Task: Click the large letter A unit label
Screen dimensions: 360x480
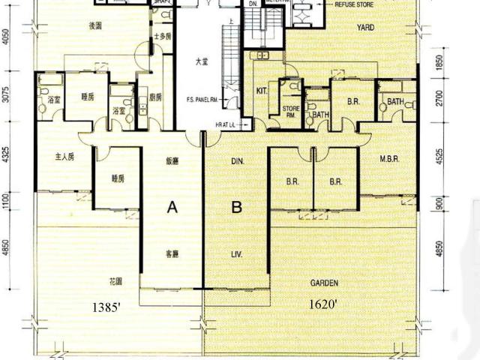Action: coord(172,208)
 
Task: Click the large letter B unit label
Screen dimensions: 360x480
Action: coord(236,208)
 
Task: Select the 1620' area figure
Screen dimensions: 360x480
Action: coord(324,304)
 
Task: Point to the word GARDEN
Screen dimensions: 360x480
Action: coord(324,283)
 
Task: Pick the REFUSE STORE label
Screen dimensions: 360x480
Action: coord(355,4)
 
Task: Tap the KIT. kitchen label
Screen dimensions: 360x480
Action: coord(262,90)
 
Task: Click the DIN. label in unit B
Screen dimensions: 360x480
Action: coord(238,160)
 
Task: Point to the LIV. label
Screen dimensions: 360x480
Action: coord(237,253)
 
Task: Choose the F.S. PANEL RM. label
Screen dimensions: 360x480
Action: coord(202,99)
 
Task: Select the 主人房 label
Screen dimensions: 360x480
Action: coord(65,157)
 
